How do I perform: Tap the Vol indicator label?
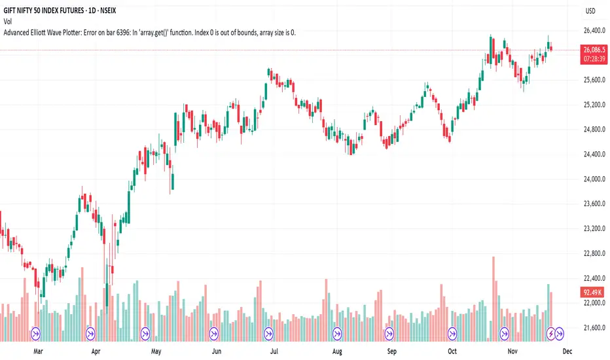(9, 22)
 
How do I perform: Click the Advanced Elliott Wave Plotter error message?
(149, 32)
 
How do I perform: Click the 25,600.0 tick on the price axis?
(591, 80)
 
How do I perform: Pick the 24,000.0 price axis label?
(591, 179)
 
